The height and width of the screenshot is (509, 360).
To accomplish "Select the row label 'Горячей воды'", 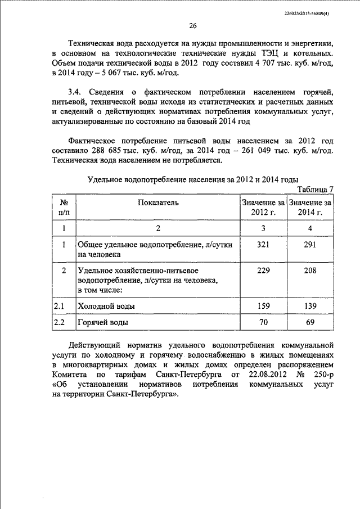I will (102, 323).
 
